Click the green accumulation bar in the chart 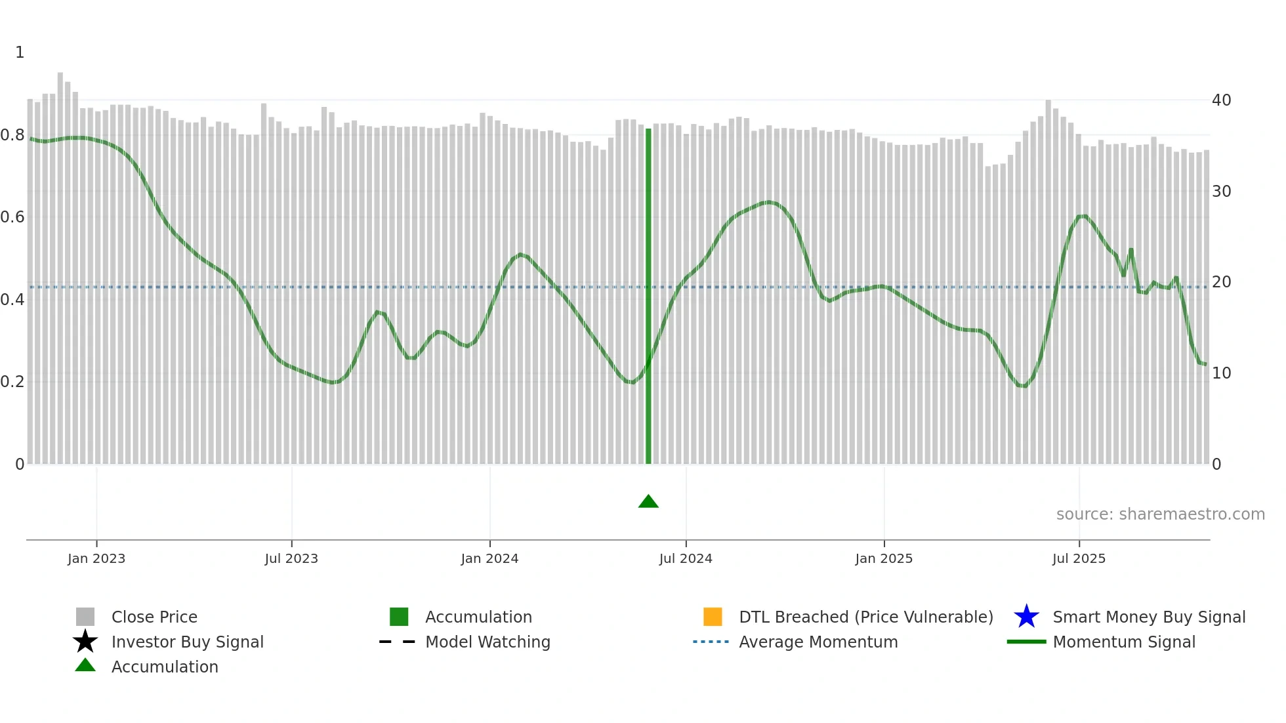(648, 295)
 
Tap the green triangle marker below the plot (648, 502)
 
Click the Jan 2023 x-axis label (96, 558)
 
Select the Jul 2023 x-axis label (291, 558)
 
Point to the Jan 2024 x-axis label (489, 558)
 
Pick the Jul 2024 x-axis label (686, 558)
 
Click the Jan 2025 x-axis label (884, 558)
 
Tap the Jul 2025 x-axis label (1079, 558)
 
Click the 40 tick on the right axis (1221, 100)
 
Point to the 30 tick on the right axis (1221, 192)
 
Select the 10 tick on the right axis (1221, 373)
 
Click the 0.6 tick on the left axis (12, 217)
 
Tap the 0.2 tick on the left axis (12, 382)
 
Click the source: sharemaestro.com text (1160, 514)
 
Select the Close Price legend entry (154, 617)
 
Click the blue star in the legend (1026, 617)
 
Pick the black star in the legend (85, 642)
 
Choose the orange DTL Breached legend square (713, 617)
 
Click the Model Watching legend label (487, 642)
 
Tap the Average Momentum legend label (818, 642)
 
